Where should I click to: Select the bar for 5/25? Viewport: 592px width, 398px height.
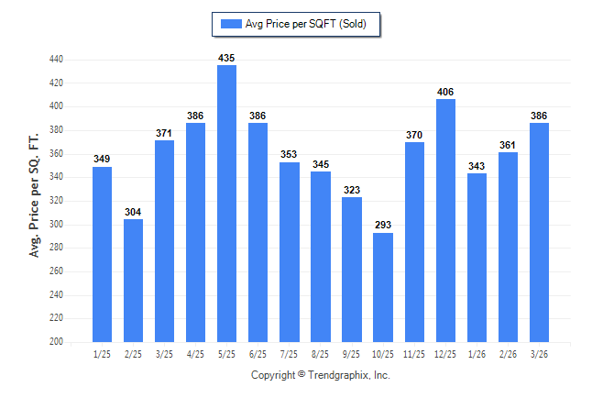pyautogui.click(x=226, y=204)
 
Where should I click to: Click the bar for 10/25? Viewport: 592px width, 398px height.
pyautogui.click(x=383, y=287)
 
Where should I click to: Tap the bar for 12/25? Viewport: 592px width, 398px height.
pyautogui.click(x=445, y=220)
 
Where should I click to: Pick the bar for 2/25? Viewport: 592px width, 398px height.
pyautogui.click(x=133, y=281)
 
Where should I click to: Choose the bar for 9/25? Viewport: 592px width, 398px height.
pyautogui.click(x=352, y=270)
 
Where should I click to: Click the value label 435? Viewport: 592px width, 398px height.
pyautogui.click(x=226, y=58)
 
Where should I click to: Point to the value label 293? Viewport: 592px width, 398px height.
pyautogui.click(x=383, y=225)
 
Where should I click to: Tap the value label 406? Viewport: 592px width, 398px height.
pyautogui.click(x=445, y=92)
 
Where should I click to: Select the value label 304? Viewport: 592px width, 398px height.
pyautogui.click(x=133, y=212)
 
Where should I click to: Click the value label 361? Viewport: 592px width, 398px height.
pyautogui.click(x=508, y=145)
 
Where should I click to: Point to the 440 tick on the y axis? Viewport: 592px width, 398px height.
pyautogui.click(x=56, y=60)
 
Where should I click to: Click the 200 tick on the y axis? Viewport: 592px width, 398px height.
pyautogui.click(x=56, y=341)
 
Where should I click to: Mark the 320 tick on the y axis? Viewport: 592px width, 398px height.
pyautogui.click(x=56, y=200)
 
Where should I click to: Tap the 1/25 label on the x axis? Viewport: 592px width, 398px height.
pyautogui.click(x=102, y=354)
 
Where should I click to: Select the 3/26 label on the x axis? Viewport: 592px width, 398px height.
pyautogui.click(x=539, y=354)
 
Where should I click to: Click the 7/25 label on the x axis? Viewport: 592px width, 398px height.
pyautogui.click(x=289, y=354)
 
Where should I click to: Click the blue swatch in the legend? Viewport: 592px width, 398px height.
pyautogui.click(x=231, y=24)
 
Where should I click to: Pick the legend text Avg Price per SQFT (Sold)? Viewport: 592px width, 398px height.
pyautogui.click(x=306, y=24)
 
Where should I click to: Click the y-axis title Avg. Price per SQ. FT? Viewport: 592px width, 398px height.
pyautogui.click(x=34, y=195)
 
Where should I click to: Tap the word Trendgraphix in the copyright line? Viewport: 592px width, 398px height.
pyautogui.click(x=338, y=375)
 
